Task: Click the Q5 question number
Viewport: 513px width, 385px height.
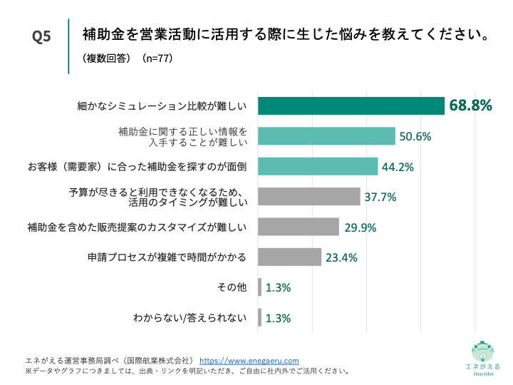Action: [x=42, y=37]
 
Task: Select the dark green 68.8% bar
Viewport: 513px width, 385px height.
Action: [x=351, y=106]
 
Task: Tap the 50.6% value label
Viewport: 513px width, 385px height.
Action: [x=415, y=136]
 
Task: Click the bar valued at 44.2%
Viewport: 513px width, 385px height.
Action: [x=317, y=166]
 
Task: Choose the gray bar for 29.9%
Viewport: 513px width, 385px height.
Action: [x=298, y=227]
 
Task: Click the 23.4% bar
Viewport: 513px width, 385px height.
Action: [x=289, y=257]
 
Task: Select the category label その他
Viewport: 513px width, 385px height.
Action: [x=232, y=287]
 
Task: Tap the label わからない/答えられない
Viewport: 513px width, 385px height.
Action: [x=190, y=318]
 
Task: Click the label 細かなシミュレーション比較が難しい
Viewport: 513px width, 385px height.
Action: [x=162, y=106]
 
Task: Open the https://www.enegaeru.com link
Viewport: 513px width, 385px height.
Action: [x=249, y=361]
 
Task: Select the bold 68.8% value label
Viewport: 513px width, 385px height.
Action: [x=470, y=106]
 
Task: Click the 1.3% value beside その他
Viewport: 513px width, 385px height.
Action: [x=278, y=288]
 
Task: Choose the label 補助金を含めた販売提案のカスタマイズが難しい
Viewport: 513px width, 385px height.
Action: [x=137, y=227]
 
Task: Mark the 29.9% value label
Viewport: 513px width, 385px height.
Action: [x=360, y=227]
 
